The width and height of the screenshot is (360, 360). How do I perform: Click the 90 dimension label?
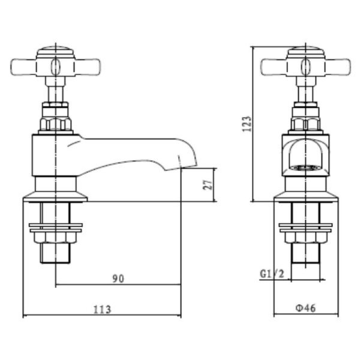tap(118, 278)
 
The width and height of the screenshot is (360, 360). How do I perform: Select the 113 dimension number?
tap(103, 309)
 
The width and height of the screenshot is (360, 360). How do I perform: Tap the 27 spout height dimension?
tap(208, 184)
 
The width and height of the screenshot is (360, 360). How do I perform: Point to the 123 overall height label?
tap(247, 124)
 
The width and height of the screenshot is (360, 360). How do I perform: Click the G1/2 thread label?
tap(272, 274)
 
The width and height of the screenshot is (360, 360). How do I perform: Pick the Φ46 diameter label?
tap(305, 308)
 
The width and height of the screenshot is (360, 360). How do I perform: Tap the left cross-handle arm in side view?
tap(23, 67)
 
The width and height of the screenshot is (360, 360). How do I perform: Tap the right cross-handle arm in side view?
tap(87, 67)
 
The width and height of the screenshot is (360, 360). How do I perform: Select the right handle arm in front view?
tap(337, 67)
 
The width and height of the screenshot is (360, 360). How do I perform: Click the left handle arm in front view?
tap(274, 67)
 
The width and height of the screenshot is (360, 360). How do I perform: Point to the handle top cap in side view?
tap(55, 52)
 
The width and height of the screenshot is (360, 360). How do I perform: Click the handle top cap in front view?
tap(306, 52)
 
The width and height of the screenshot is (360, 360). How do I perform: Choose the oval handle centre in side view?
tap(55, 67)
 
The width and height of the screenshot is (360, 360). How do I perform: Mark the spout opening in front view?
tap(305, 167)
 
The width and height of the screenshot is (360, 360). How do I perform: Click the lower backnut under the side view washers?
tap(55, 238)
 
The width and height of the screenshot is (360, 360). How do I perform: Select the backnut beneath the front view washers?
tap(305, 238)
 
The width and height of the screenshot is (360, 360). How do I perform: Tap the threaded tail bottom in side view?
tap(55, 253)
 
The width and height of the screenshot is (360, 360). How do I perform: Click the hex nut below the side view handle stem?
tap(55, 124)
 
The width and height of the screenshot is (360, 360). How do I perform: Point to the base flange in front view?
tap(305, 197)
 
